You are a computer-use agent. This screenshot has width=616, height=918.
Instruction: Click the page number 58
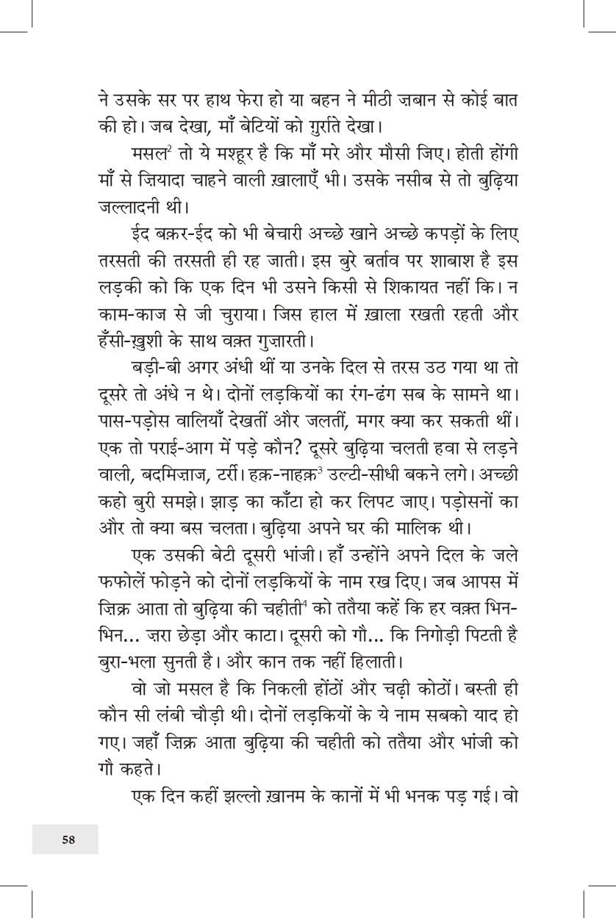coord(68,840)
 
